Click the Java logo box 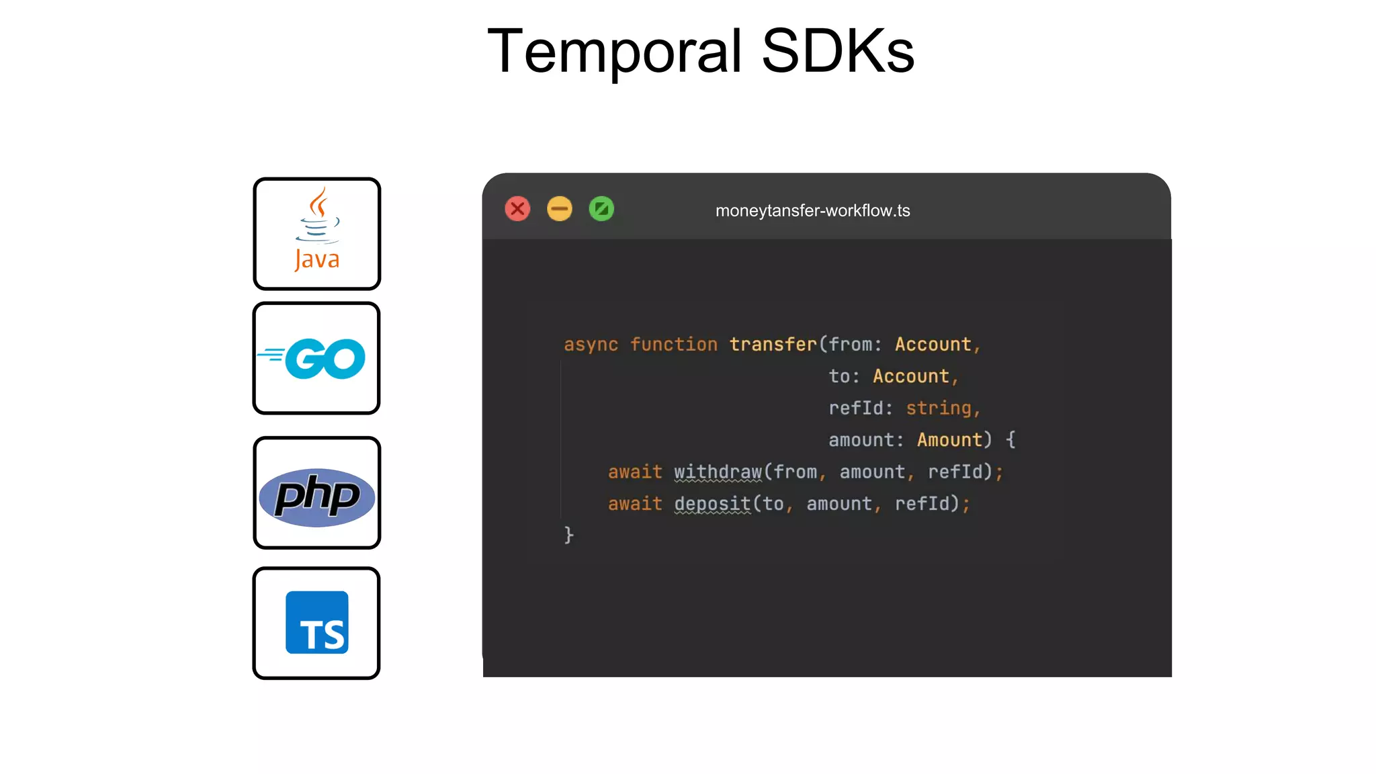coord(316,233)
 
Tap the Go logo coord(316,358)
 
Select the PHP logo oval coord(316,497)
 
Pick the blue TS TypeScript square coord(316,622)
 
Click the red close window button coord(517,209)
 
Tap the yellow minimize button coord(559,209)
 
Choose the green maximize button coord(601,209)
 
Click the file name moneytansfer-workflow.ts coord(812,211)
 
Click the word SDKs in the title coord(837,51)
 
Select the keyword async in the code coord(591,345)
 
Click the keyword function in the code coord(673,345)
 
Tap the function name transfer coord(773,345)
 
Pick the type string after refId coord(939,408)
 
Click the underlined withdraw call coord(718,472)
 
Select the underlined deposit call coord(712,504)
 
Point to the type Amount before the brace coord(949,440)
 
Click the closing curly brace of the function coord(569,535)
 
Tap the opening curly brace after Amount coord(1010,440)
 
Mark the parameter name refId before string coord(856,408)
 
